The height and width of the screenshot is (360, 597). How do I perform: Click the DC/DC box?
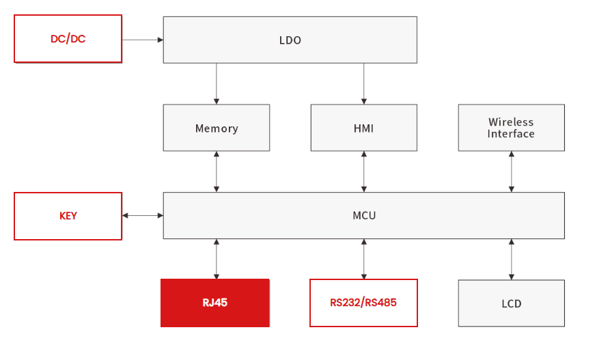[68, 39]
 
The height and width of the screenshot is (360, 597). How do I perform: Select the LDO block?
[290, 40]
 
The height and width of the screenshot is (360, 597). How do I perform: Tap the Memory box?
[217, 128]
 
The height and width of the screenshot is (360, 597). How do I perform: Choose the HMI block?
[364, 128]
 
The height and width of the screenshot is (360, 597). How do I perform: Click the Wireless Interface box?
[512, 128]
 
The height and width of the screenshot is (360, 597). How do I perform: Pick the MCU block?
[364, 216]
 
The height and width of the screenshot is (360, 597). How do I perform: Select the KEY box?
[68, 216]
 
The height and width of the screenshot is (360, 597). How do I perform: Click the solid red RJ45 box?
[215, 303]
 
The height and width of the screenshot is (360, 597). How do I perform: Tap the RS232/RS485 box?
[363, 303]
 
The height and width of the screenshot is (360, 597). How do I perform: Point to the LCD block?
[512, 303]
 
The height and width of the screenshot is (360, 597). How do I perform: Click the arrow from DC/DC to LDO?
[143, 40]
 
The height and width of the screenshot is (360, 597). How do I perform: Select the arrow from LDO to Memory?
[217, 84]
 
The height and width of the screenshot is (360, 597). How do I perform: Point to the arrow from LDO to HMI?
[364, 84]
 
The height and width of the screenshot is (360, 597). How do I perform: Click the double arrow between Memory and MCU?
[217, 171]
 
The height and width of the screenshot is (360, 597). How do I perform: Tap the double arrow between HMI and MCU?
[364, 171]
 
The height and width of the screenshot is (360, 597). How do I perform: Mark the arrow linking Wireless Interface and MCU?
[512, 171]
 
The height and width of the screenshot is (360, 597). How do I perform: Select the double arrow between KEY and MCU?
[143, 216]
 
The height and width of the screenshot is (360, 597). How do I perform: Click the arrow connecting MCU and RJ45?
[217, 259]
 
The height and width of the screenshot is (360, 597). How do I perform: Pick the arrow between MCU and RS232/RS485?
[364, 259]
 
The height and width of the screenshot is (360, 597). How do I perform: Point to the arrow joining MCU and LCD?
[512, 260]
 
